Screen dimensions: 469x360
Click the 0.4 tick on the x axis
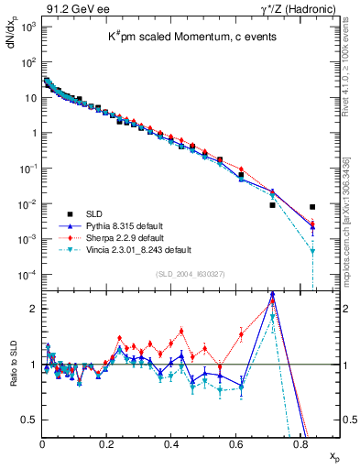[171, 443]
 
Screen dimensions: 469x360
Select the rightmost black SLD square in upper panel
[313, 207]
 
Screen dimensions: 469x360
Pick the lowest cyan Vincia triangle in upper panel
[313, 251]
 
